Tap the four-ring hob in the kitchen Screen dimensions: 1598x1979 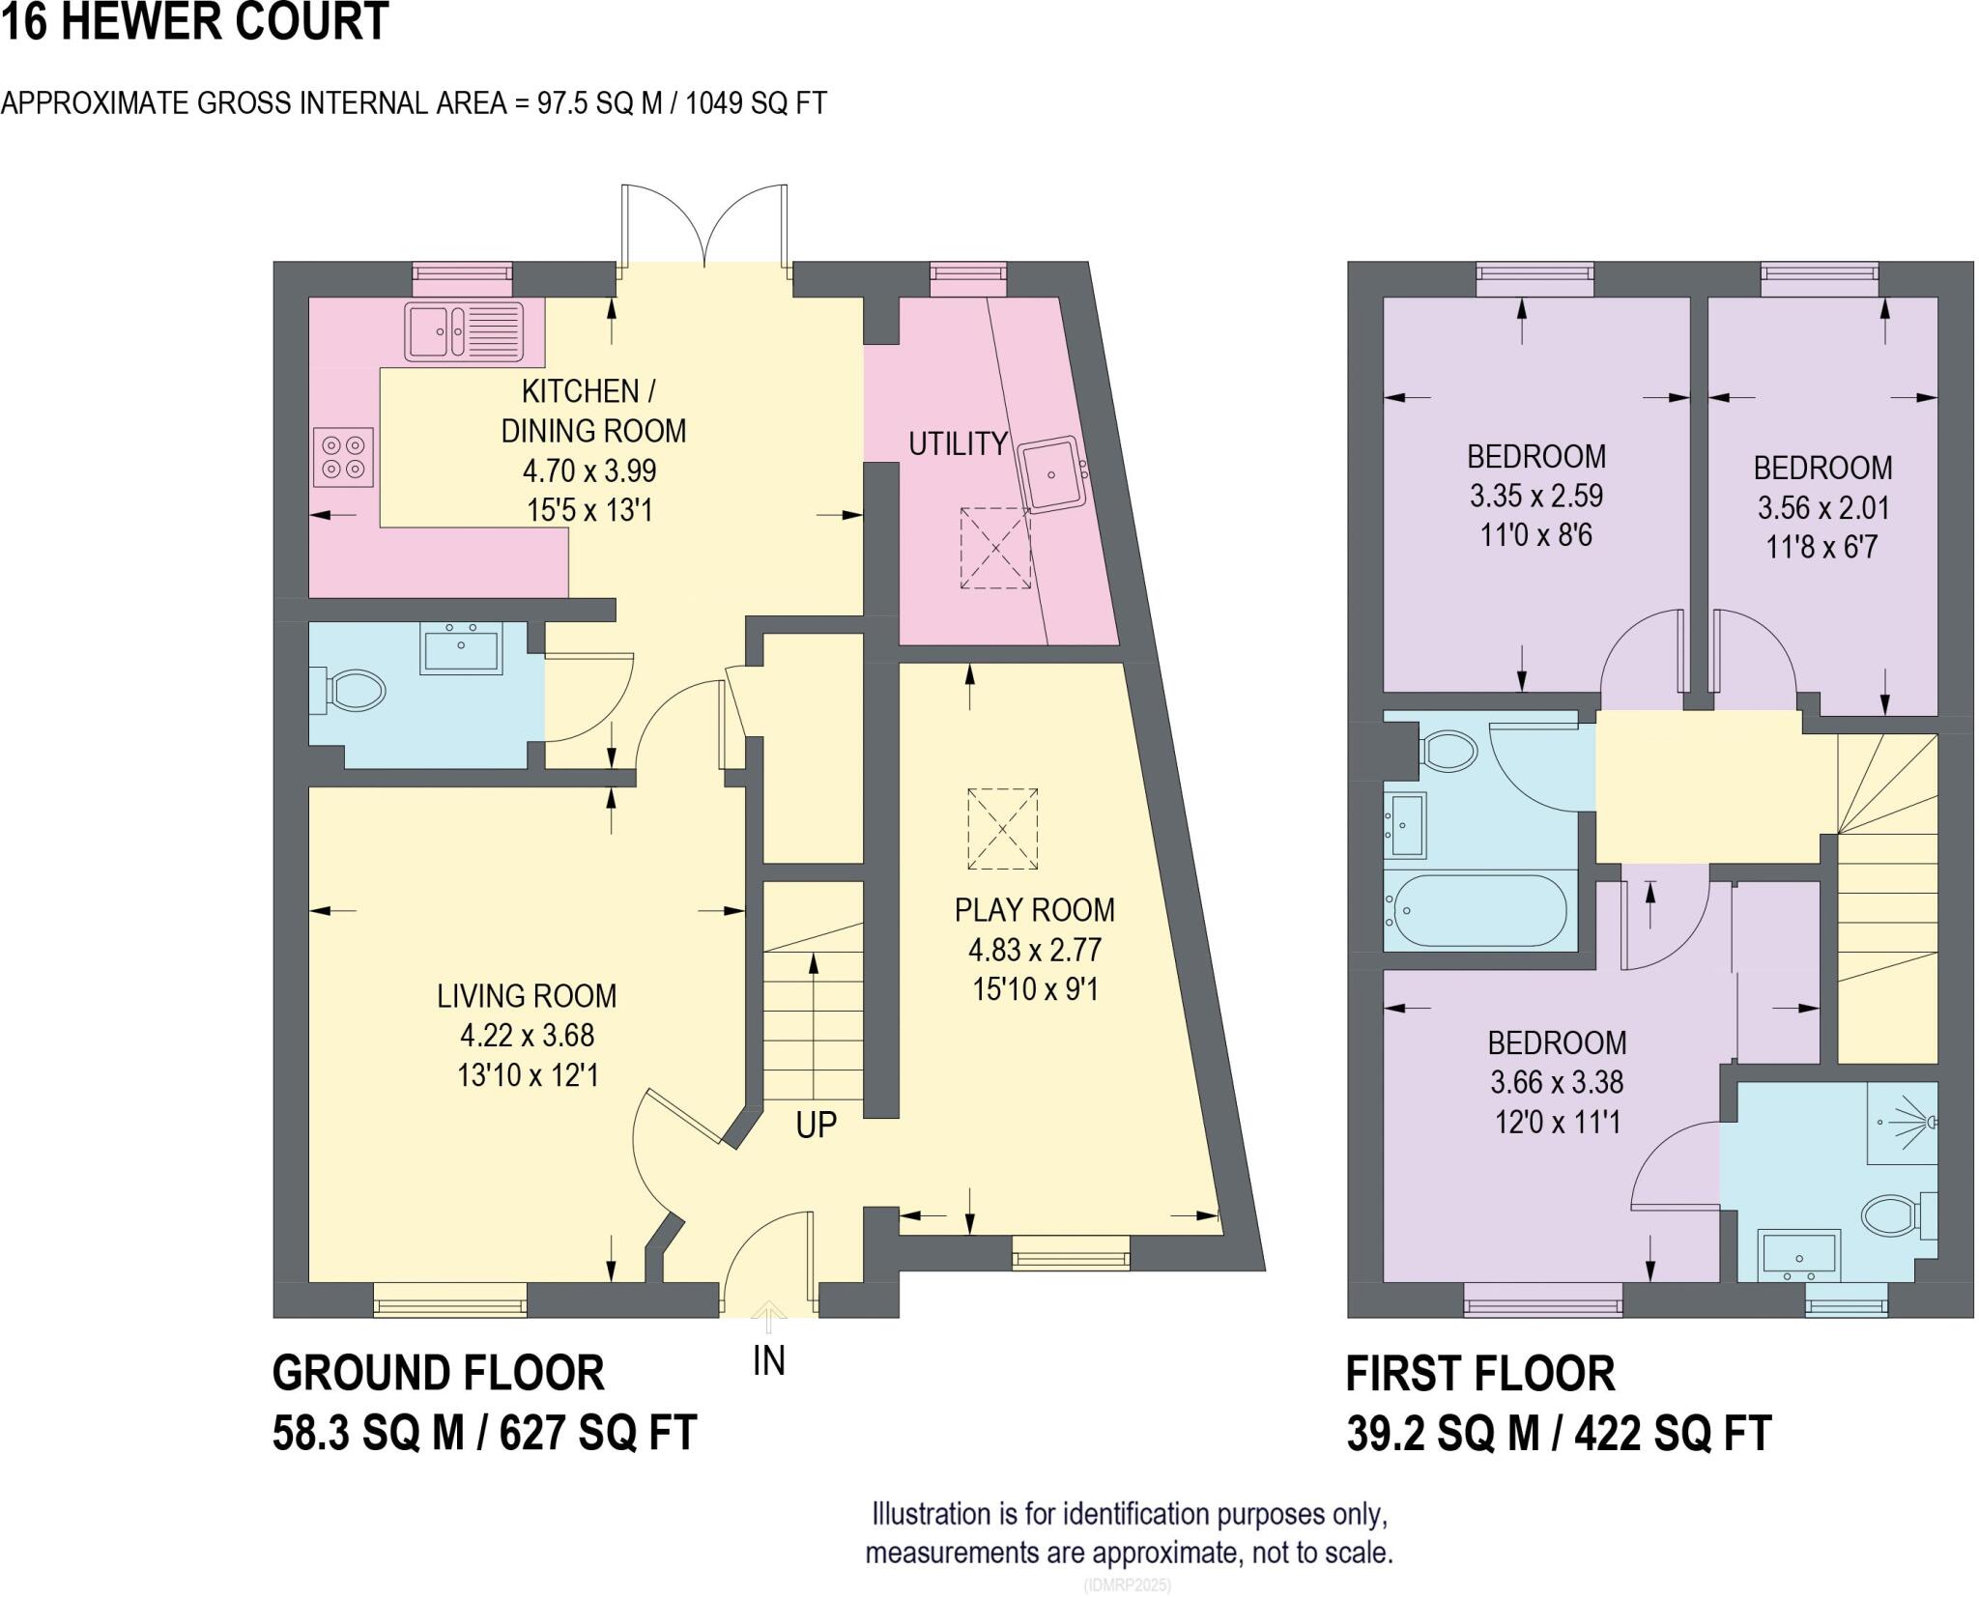[x=344, y=458]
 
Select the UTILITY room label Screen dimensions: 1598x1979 [x=958, y=444]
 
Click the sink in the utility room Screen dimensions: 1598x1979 [x=1053, y=473]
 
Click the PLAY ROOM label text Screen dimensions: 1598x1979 [x=1034, y=910]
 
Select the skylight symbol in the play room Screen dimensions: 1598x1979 [x=1002, y=829]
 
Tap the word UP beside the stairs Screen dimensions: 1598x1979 [x=816, y=1125]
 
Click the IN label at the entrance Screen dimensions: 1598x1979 [x=768, y=1360]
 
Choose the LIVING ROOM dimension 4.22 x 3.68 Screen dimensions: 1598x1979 [x=527, y=1036]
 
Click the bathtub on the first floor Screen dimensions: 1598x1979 [x=1476, y=910]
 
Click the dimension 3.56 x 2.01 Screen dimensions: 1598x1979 [x=1822, y=508]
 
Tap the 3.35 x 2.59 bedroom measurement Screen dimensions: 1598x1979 [x=1535, y=496]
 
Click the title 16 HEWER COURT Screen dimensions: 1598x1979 [x=194, y=21]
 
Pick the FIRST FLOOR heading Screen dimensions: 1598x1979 [x=1479, y=1374]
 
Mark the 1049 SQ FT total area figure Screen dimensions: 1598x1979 [x=756, y=103]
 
